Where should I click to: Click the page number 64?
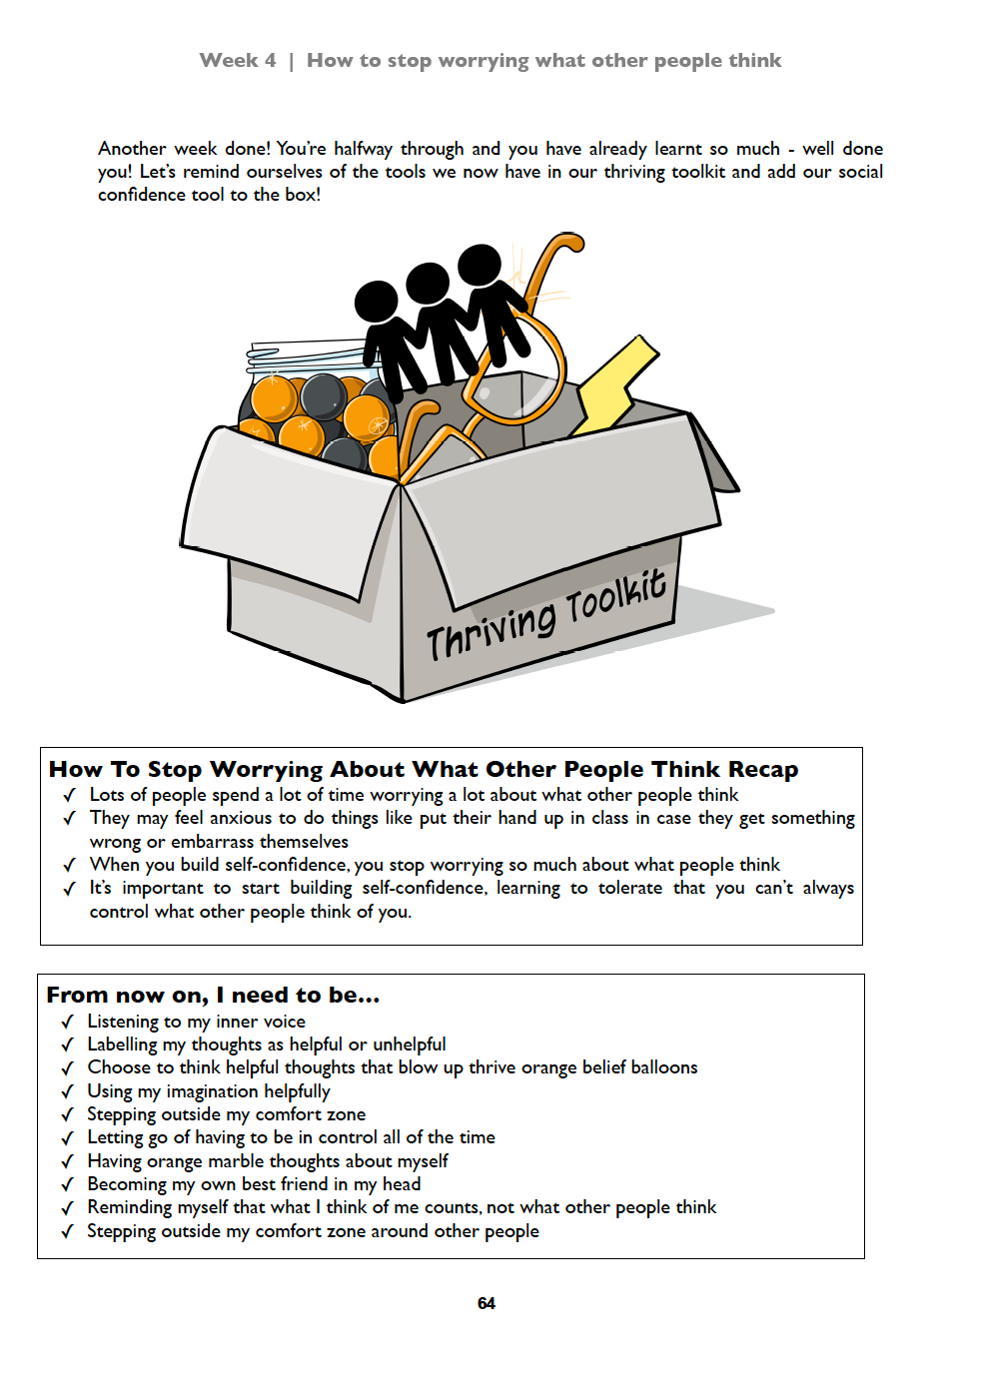coord(487,1303)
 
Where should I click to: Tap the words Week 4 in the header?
coord(238,61)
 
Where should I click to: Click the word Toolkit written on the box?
coord(615,599)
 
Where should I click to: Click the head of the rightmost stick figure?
coord(480,264)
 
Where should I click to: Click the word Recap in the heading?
coord(763,770)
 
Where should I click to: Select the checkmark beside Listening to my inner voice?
coord(68,1022)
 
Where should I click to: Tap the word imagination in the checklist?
coord(213,1091)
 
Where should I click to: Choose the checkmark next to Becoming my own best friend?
coord(68,1185)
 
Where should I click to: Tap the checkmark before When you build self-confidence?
coord(70,866)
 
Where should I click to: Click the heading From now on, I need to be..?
coord(213,996)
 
